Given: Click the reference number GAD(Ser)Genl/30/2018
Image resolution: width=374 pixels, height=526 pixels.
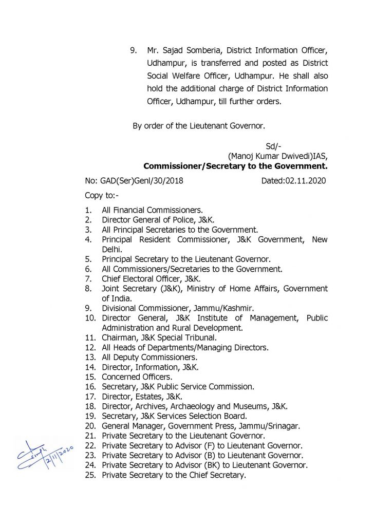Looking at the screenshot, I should (x=134, y=181).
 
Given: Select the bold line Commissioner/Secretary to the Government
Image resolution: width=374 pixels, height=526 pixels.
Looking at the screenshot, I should (x=235, y=166).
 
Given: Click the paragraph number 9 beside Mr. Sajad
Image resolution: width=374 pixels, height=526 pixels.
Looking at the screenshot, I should (x=133, y=51).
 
